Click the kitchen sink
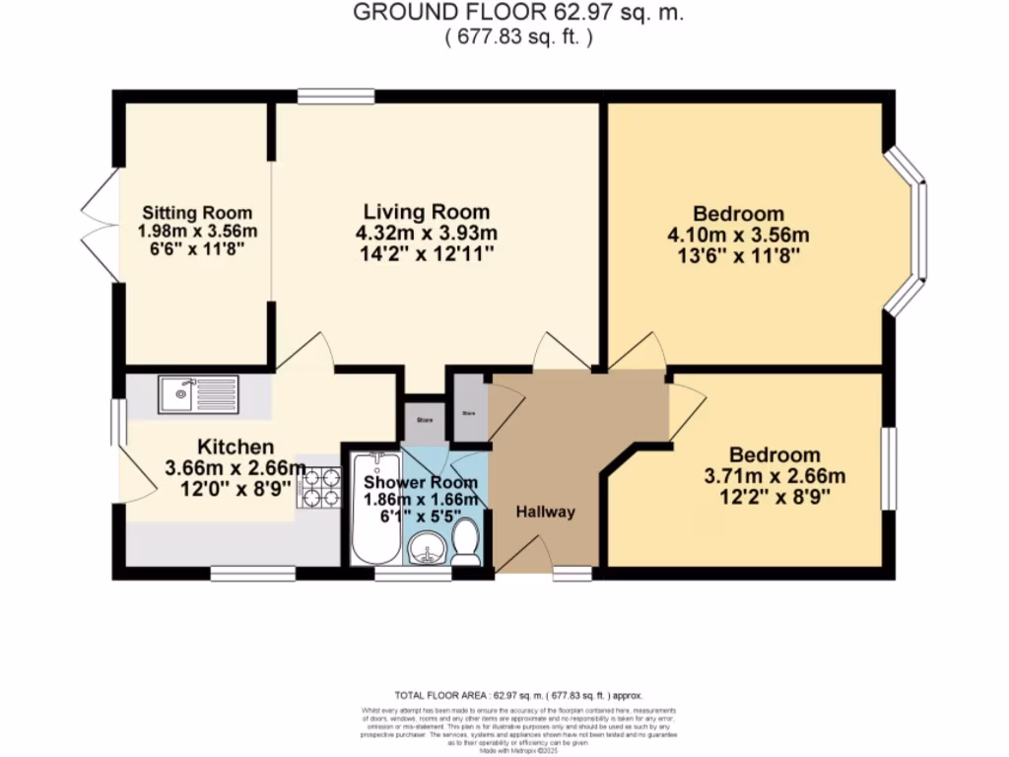click(x=198, y=395)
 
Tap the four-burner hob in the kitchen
click(x=318, y=486)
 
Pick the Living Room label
click(x=426, y=212)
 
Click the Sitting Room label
click(x=197, y=213)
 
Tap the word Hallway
click(x=545, y=512)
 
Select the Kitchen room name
click(x=235, y=447)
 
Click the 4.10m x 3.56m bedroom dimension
click(x=738, y=236)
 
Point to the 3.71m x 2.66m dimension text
click(x=774, y=476)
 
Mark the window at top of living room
click(x=336, y=96)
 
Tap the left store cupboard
click(x=424, y=420)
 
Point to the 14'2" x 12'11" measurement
click(x=428, y=254)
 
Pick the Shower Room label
click(x=421, y=483)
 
